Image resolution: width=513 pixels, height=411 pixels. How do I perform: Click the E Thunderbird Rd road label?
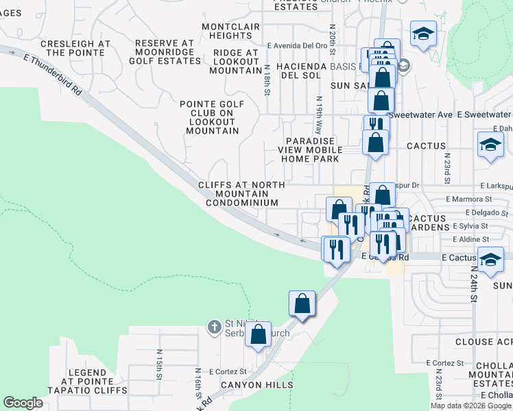[53, 75]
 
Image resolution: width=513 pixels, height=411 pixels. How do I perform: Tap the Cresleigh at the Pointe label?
[75, 48]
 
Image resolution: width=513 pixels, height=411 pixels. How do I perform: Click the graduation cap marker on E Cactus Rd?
[490, 260]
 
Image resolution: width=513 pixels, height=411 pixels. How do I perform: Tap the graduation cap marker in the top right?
[423, 32]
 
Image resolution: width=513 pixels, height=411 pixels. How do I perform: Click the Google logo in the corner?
[23, 403]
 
